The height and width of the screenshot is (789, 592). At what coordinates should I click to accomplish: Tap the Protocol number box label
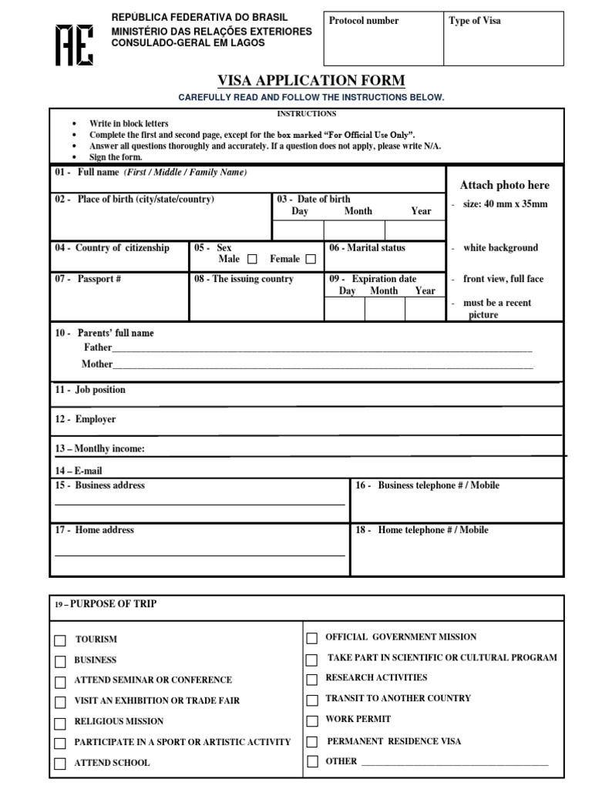pyautogui.click(x=364, y=21)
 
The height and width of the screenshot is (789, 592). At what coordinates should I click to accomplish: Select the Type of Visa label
pyautogui.click(x=475, y=21)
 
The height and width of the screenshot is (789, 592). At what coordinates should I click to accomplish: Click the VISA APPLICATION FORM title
pyautogui.click(x=312, y=81)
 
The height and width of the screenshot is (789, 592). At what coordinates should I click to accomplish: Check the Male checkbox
pyautogui.click(x=251, y=260)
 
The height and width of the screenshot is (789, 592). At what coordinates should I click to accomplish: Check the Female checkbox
pyautogui.click(x=311, y=260)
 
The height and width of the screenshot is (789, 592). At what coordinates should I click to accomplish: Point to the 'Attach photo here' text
pyautogui.click(x=505, y=185)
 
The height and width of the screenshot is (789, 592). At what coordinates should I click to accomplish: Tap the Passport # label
pyautogui.click(x=88, y=279)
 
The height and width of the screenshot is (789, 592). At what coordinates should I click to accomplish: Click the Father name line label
pyautogui.click(x=98, y=347)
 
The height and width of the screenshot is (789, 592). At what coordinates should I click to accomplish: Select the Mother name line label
pyautogui.click(x=97, y=364)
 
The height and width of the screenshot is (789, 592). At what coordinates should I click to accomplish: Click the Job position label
pyautogui.click(x=90, y=390)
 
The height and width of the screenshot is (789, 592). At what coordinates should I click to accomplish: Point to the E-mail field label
pyautogui.click(x=79, y=471)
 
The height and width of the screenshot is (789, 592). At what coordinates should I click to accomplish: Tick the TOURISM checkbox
pyautogui.click(x=60, y=640)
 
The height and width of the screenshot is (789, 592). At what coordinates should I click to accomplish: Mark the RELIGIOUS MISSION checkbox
pyautogui.click(x=60, y=723)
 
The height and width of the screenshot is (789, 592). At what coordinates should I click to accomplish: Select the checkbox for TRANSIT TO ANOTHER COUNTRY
pyautogui.click(x=312, y=700)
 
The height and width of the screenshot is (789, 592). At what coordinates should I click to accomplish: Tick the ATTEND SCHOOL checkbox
pyautogui.click(x=60, y=764)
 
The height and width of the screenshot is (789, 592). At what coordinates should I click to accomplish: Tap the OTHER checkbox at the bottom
pyautogui.click(x=312, y=762)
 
